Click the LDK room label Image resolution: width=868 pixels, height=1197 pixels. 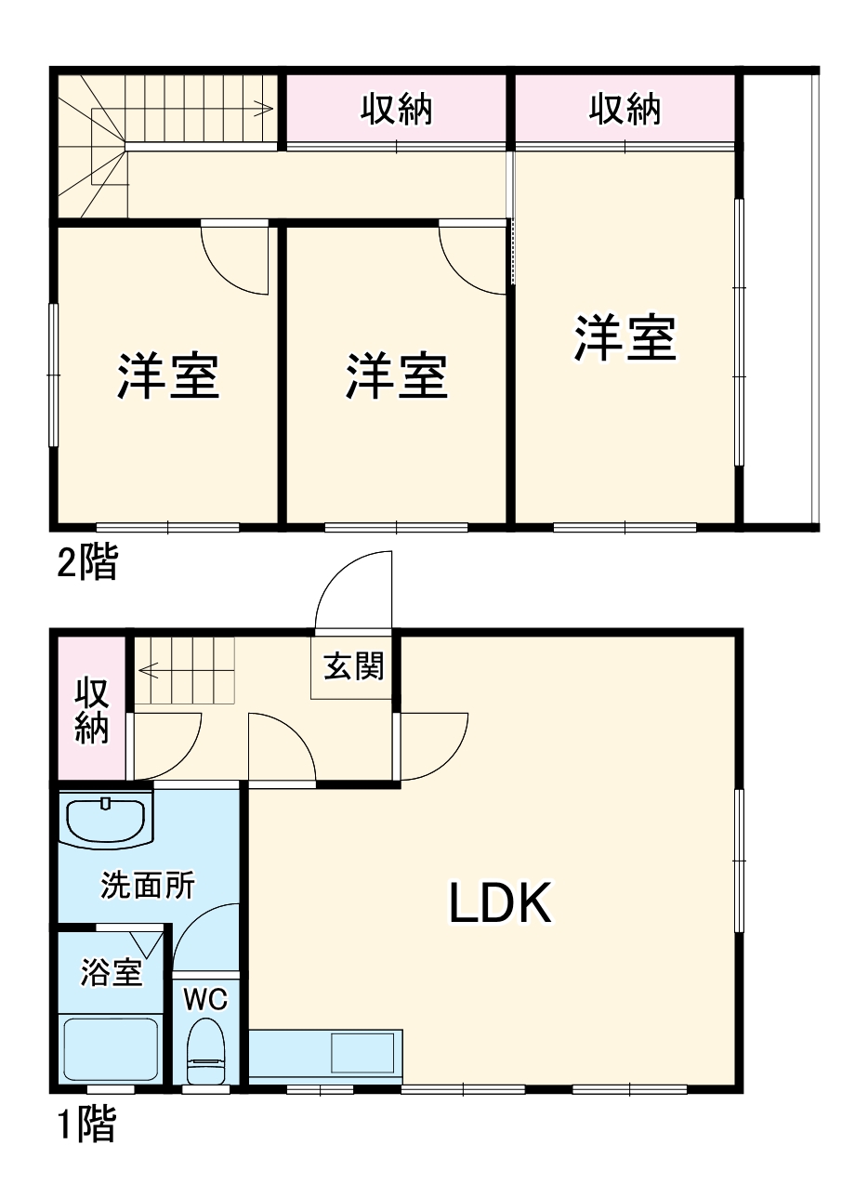[x=501, y=903]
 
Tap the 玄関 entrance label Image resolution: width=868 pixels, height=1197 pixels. [x=353, y=666]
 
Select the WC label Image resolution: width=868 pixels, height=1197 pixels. [x=205, y=1000]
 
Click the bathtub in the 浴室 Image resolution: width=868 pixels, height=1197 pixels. [x=112, y=1050]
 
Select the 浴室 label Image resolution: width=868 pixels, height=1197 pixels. [x=112, y=973]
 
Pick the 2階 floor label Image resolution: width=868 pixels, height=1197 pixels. [x=87, y=563]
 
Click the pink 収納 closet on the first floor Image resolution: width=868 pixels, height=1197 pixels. [x=91, y=710]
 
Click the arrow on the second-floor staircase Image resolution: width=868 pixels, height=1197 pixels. [x=264, y=110]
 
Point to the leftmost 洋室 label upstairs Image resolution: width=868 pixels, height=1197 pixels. [x=168, y=375]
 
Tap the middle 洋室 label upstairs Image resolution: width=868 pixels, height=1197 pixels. [x=398, y=375]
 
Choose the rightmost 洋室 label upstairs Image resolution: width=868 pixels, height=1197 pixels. [x=625, y=338]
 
